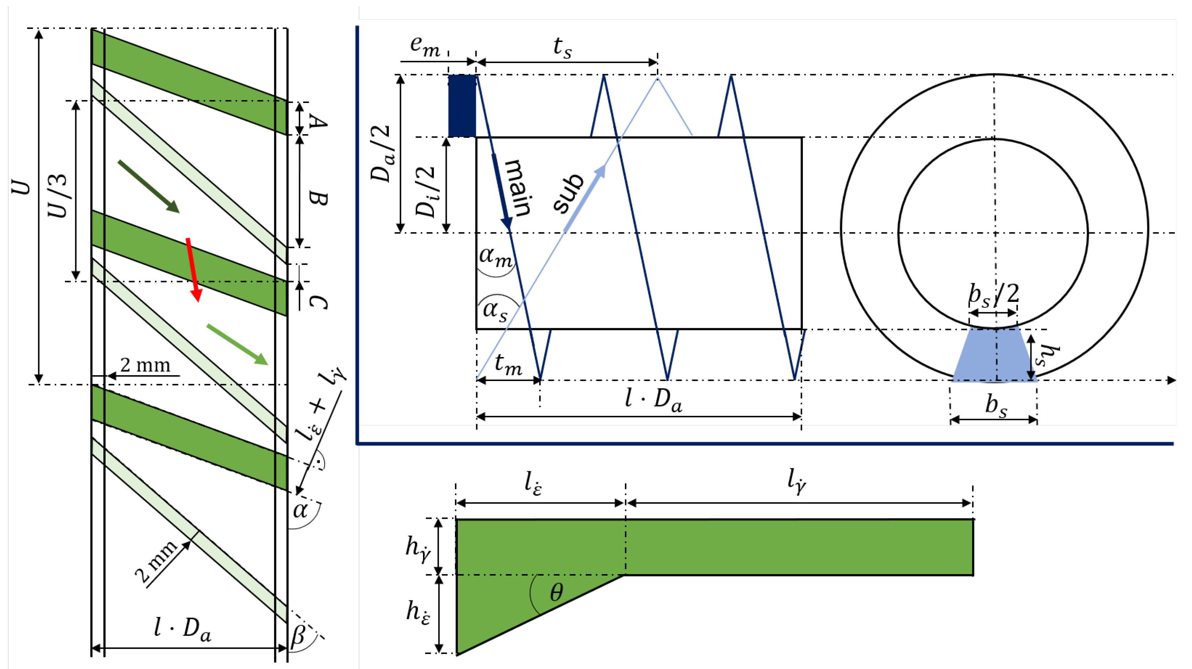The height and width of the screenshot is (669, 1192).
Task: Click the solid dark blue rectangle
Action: click(x=462, y=106)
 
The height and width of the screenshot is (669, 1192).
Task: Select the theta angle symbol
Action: click(x=556, y=592)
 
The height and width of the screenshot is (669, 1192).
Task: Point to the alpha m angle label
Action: click(x=496, y=256)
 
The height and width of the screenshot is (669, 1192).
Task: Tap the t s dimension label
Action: click(x=562, y=48)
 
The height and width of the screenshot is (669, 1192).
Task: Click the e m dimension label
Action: click(x=425, y=46)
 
